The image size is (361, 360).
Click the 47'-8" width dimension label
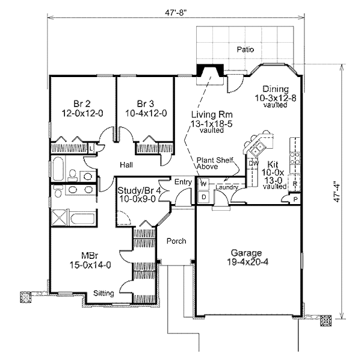point(176,13)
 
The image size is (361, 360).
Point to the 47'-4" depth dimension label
point(337,191)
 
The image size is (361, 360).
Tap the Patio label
point(245,49)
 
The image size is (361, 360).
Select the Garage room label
point(246,253)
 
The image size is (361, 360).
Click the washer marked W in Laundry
point(203,184)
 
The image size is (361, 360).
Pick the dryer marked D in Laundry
point(203,197)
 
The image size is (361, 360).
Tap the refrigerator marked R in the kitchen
point(294,184)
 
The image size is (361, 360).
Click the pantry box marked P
point(295,199)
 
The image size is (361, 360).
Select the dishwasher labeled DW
point(253,163)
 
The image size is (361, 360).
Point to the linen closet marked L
point(91,149)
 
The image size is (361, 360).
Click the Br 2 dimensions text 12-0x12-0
point(82,113)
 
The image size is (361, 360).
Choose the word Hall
point(126,165)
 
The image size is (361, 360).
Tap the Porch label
point(176,241)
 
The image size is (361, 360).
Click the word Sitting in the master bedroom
point(103,293)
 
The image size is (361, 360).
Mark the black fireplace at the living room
point(210,70)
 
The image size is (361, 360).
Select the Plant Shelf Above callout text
point(215,163)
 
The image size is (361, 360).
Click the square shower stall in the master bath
point(60,217)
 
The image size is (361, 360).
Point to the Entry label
point(183,182)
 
